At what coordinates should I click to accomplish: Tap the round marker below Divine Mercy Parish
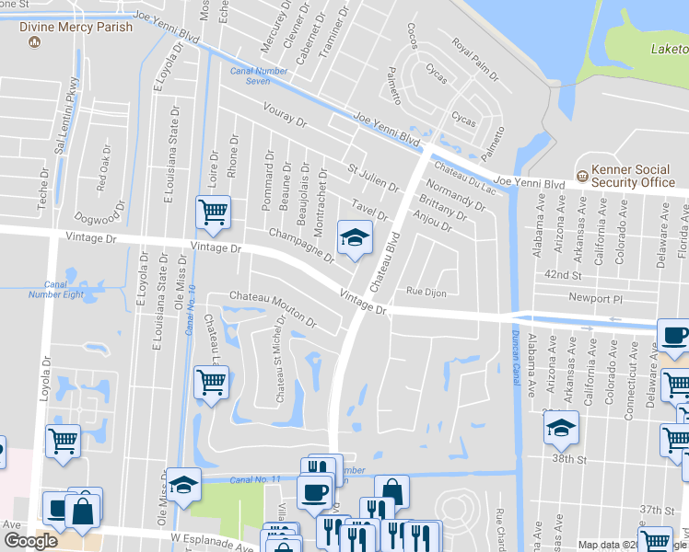tap(35, 43)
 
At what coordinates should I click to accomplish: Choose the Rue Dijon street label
tap(426, 293)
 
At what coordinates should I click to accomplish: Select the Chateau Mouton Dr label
tap(273, 310)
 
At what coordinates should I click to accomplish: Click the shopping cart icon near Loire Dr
tap(213, 213)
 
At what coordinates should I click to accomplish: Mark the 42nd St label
tap(565, 275)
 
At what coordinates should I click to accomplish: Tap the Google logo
tap(30, 541)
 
